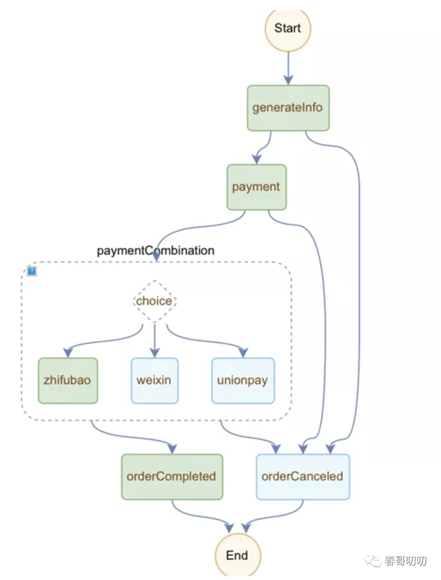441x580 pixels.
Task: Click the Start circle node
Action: coord(288,29)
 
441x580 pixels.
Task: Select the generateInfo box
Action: coord(288,108)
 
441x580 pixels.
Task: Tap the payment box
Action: coord(256,187)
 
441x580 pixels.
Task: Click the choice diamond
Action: coord(154,301)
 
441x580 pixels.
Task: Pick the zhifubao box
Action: coord(68,381)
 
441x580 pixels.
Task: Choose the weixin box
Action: coord(154,381)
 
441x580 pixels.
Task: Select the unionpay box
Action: coord(243,381)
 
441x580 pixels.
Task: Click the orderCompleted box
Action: coord(172,477)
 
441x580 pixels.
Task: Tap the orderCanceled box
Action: coord(303,477)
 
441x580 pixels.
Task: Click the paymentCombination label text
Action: coord(156,251)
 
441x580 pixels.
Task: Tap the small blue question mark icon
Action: coord(32,271)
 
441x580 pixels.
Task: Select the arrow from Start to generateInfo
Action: coord(288,68)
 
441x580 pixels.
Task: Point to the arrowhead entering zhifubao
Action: coord(68,353)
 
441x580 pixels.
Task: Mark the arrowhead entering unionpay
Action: coord(243,353)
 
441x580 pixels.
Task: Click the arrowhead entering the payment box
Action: coord(256,159)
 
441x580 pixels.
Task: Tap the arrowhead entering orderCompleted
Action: coord(172,448)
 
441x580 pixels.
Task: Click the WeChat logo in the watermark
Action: coord(373,561)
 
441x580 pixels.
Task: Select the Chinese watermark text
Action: coord(405,561)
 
